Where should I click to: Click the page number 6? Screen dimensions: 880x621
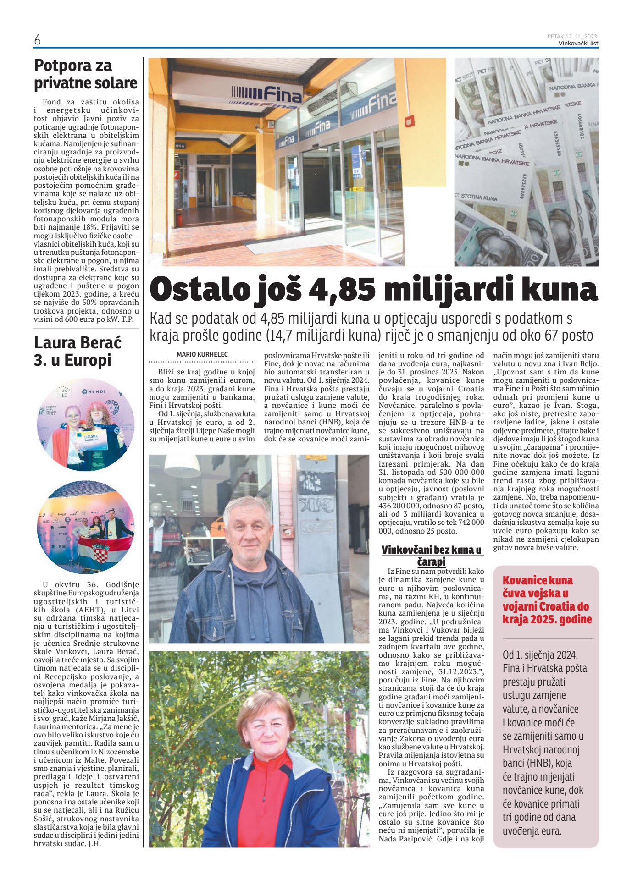coord(37,40)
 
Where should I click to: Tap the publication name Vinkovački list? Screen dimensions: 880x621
coord(578,43)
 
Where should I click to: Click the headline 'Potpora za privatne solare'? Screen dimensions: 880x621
coord(85,74)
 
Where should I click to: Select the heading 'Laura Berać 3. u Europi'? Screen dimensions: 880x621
coord(78,351)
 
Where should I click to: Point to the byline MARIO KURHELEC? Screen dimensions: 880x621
coord(202,354)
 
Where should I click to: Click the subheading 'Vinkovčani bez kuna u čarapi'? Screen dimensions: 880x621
coord(431,555)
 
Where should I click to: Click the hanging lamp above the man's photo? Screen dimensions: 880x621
coord(182,465)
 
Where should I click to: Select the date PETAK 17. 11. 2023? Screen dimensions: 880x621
coord(572,36)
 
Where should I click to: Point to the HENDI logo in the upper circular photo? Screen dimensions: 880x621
coord(94,391)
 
